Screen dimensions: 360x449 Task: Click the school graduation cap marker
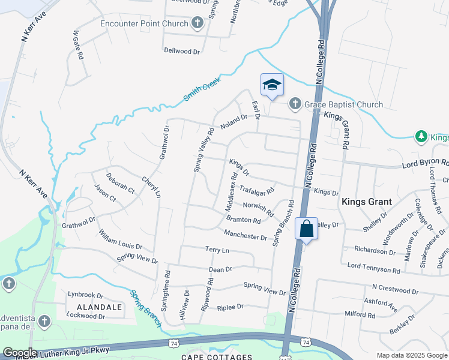click(x=272, y=85)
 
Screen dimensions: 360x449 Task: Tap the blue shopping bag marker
click(x=306, y=229)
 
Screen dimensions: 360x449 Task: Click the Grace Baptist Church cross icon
click(x=295, y=104)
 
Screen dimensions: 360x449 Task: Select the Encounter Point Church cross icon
click(x=197, y=23)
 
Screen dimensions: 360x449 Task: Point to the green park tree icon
click(x=421, y=137)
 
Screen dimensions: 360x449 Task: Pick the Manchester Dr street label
click(x=245, y=234)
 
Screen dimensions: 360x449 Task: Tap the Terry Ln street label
click(x=217, y=250)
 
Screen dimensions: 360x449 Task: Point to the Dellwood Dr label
click(x=182, y=51)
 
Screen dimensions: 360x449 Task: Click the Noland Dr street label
click(x=234, y=122)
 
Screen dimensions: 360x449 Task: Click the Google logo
click(x=20, y=353)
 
